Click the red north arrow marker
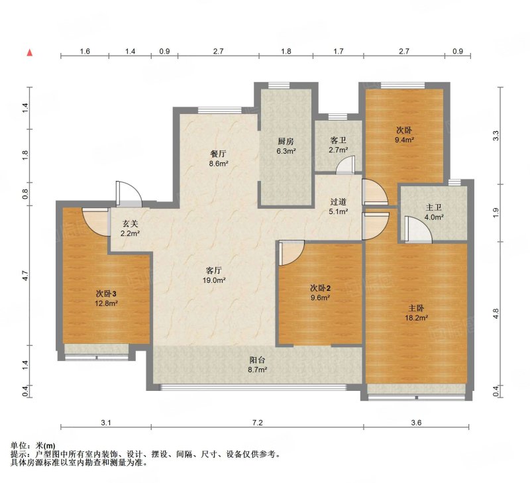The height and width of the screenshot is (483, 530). [x=30, y=52]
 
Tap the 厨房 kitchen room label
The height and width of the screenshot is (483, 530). [x=286, y=146]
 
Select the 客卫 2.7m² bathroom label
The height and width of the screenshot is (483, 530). [x=338, y=144]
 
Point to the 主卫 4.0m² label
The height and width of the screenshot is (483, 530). [x=434, y=212]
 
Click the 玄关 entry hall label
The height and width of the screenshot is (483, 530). [x=130, y=228]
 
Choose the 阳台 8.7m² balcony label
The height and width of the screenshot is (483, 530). [x=257, y=364]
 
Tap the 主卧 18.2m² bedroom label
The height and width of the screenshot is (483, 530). [x=417, y=313]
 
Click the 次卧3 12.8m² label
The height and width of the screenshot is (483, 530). [x=106, y=298]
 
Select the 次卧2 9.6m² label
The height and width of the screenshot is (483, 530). [x=321, y=293]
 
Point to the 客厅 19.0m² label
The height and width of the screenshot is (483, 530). [x=213, y=275]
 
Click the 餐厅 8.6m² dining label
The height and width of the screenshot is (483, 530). [x=219, y=158]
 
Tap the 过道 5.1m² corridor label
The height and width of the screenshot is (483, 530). [x=339, y=207]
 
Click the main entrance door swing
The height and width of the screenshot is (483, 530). [x=129, y=194]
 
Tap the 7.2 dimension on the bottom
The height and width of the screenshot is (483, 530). [x=257, y=423]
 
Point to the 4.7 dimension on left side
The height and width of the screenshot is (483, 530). [x=26, y=276]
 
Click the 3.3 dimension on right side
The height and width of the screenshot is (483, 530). [x=496, y=136]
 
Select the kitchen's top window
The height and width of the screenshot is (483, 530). [x=285, y=85]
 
